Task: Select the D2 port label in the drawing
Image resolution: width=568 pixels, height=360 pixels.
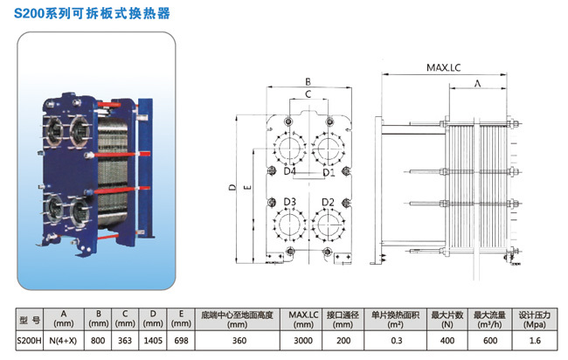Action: pos(328,202)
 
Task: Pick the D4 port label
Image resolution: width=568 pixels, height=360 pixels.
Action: pos(289,173)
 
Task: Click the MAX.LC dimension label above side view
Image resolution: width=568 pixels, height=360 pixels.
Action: pos(445,66)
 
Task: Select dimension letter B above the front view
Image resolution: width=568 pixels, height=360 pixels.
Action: pos(308,80)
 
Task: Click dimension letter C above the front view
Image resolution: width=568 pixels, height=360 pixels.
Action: pos(308,93)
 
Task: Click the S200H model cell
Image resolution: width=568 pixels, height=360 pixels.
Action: pos(30,341)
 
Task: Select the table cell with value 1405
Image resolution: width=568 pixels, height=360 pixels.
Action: pos(152,341)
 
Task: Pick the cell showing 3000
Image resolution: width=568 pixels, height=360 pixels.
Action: pos(301,341)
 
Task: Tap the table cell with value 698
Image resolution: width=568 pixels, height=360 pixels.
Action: pos(179,341)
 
